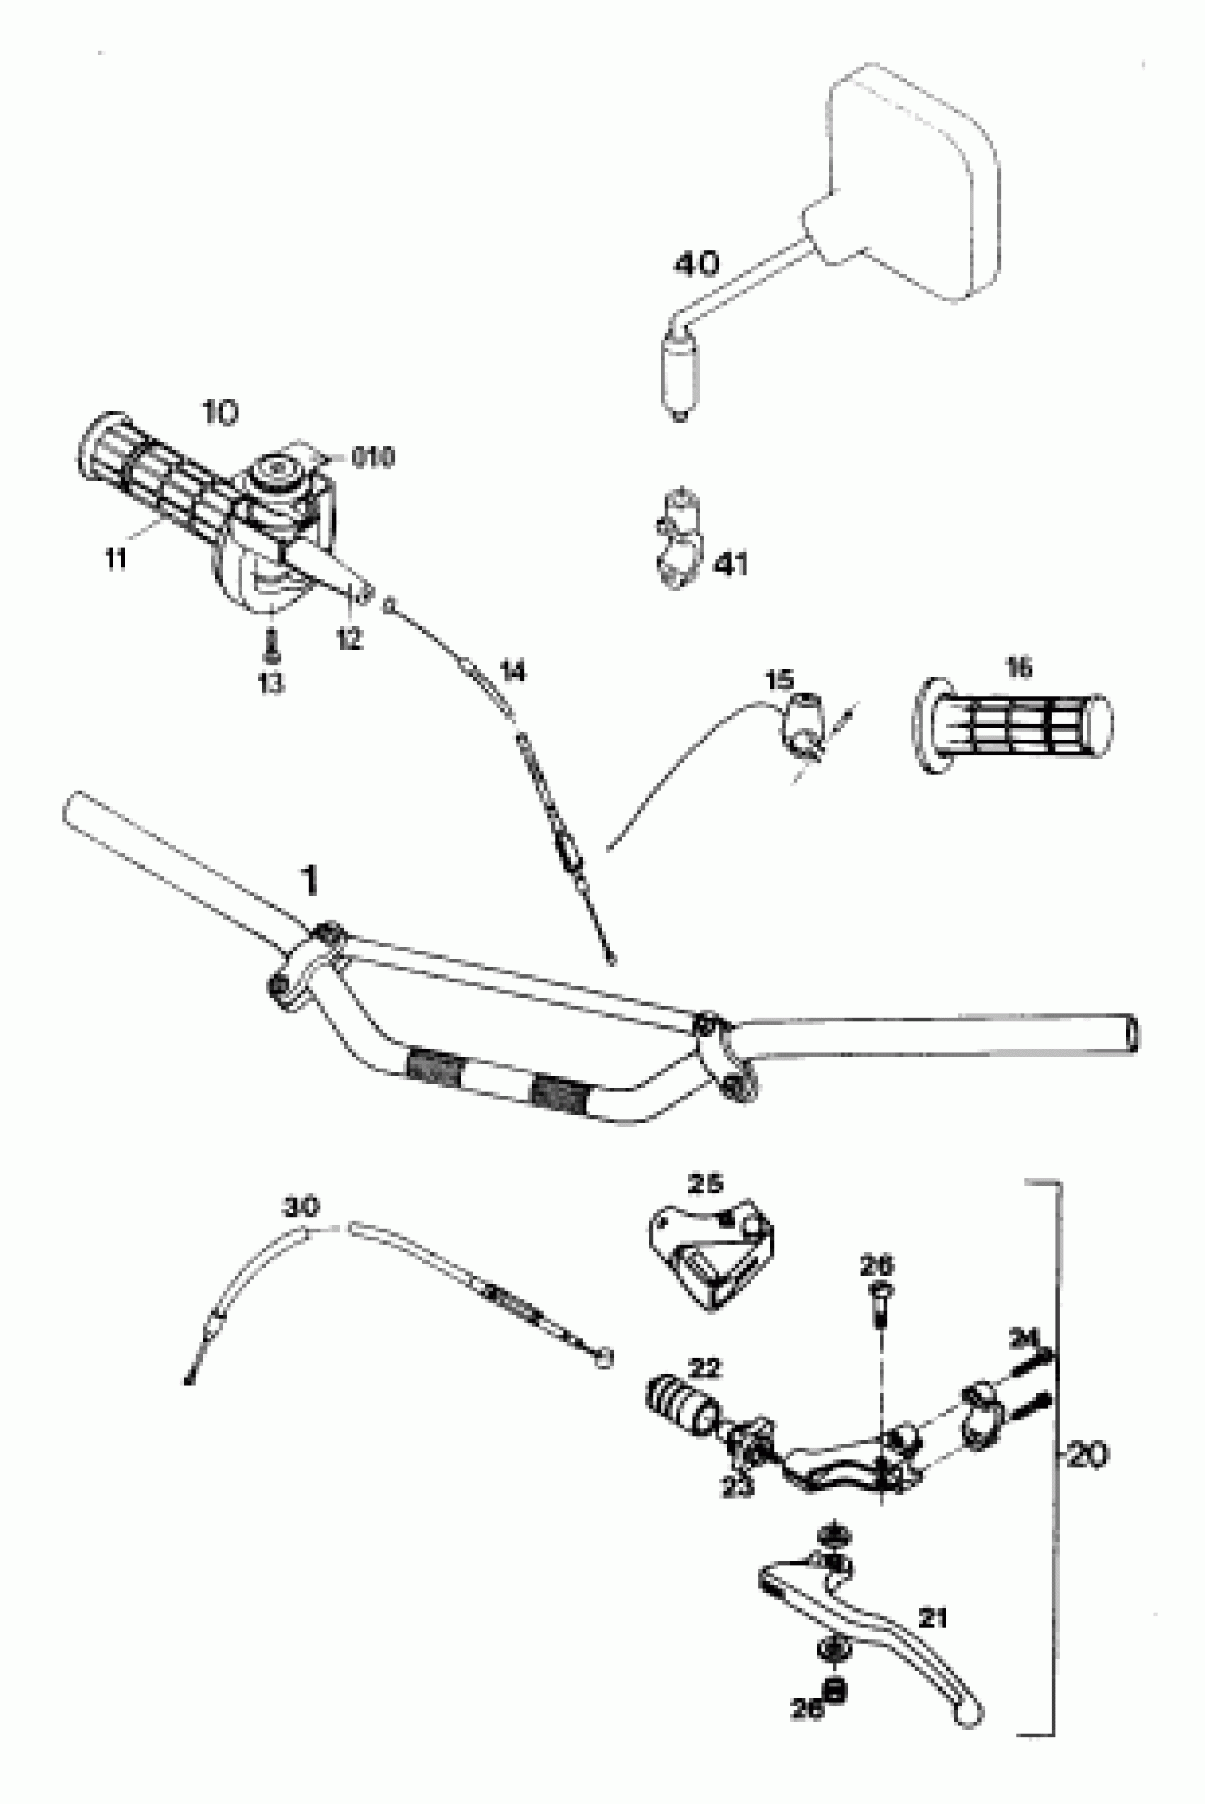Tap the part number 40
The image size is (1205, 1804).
tap(696, 265)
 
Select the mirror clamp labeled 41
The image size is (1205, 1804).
tap(676, 538)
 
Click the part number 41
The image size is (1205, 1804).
tap(730, 565)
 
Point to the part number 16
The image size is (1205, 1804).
tap(1019, 668)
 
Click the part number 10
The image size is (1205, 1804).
tap(220, 413)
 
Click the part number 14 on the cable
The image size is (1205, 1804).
tap(512, 671)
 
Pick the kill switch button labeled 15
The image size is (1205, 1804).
tap(802, 723)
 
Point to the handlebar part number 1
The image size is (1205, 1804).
tap(310, 880)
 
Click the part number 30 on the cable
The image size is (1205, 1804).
tap(301, 1206)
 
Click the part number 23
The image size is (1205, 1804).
tap(737, 1486)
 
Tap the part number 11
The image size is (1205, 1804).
tap(116, 559)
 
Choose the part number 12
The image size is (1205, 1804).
tap(349, 637)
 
